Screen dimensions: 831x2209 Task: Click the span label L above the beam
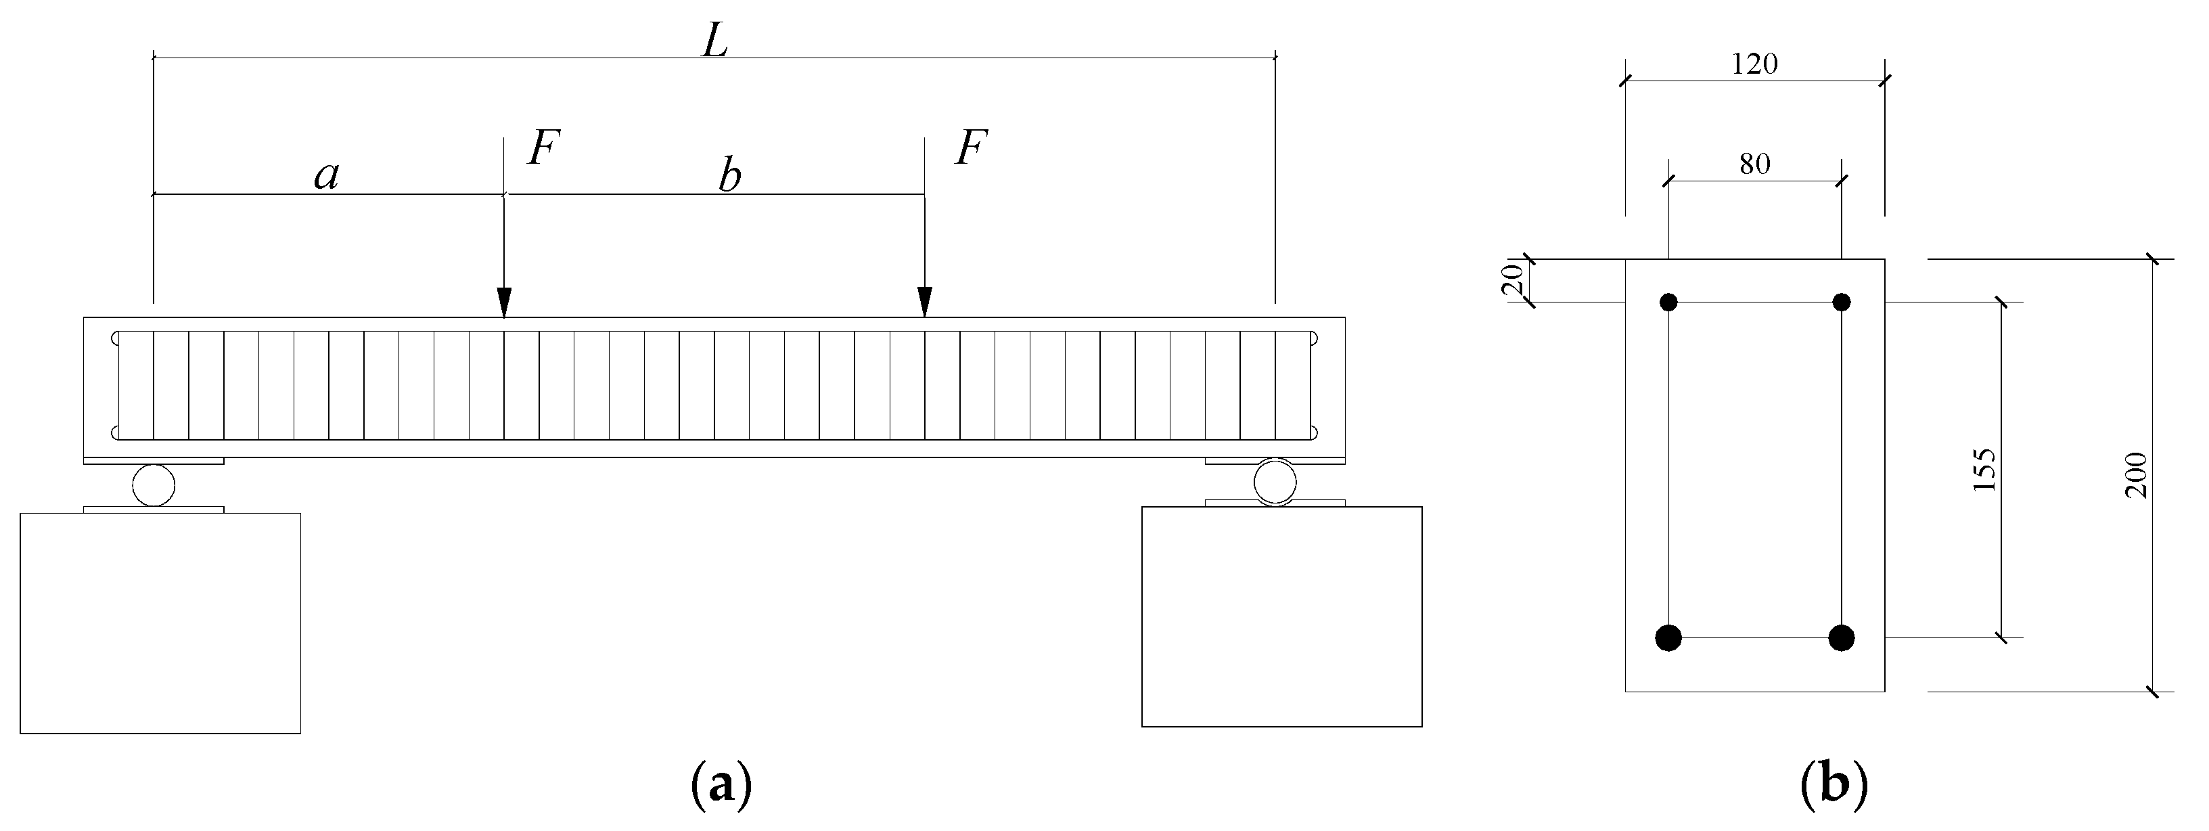(714, 41)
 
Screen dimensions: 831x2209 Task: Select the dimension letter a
(327, 176)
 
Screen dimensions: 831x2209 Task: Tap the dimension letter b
(729, 177)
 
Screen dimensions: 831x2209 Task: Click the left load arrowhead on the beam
(504, 302)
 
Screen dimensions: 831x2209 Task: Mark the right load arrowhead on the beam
(924, 302)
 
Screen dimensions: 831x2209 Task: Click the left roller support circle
(154, 485)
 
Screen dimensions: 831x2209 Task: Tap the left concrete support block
(160, 623)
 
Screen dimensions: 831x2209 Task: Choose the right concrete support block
(1281, 616)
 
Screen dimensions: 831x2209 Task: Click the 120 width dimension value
(1754, 64)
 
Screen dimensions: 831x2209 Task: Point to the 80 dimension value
(1754, 164)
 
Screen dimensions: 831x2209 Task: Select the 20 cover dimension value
(1513, 279)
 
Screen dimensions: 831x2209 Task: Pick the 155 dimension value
(1984, 470)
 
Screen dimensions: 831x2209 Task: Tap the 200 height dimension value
(2135, 474)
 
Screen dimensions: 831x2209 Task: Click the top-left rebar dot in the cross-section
(1668, 302)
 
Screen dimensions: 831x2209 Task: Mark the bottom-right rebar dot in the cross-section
(1841, 637)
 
